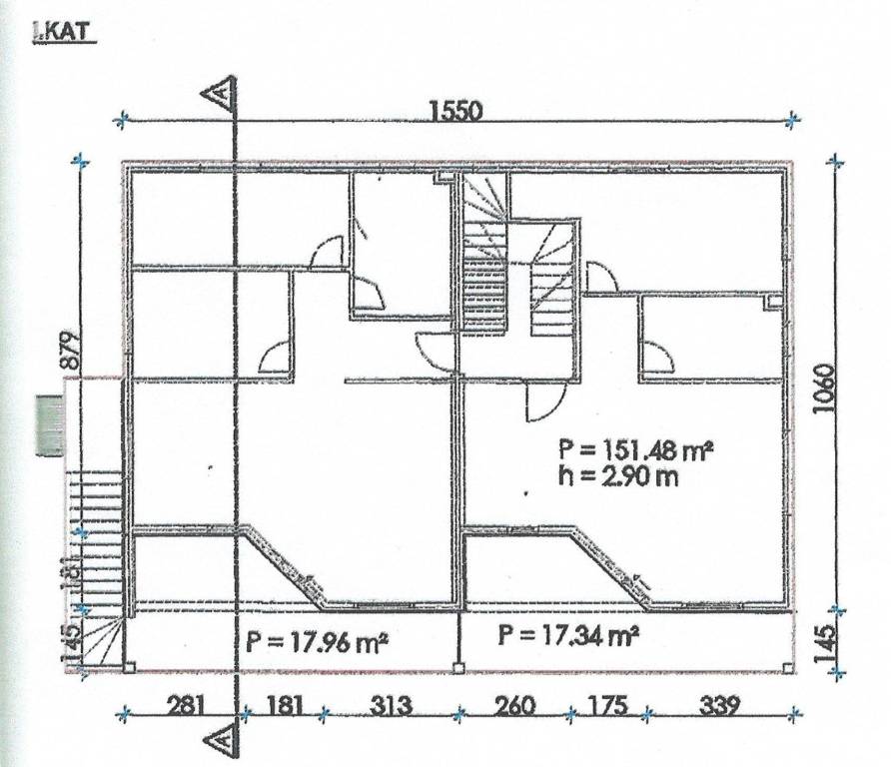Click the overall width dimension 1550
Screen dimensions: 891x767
tap(455, 110)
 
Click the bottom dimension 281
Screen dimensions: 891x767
tap(185, 706)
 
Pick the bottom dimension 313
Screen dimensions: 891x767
tap(392, 706)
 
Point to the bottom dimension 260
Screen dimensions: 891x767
tap(514, 706)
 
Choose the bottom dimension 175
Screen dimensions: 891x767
tap(608, 706)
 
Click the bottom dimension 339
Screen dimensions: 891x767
tap(719, 706)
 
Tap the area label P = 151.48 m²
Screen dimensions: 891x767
tap(635, 450)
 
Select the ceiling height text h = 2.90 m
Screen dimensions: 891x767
tap(617, 476)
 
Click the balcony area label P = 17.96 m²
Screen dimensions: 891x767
tap(317, 643)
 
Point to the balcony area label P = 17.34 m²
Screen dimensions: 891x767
tap(567, 634)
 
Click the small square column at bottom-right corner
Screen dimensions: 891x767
tap(787, 668)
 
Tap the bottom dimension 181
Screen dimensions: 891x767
tap(284, 706)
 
